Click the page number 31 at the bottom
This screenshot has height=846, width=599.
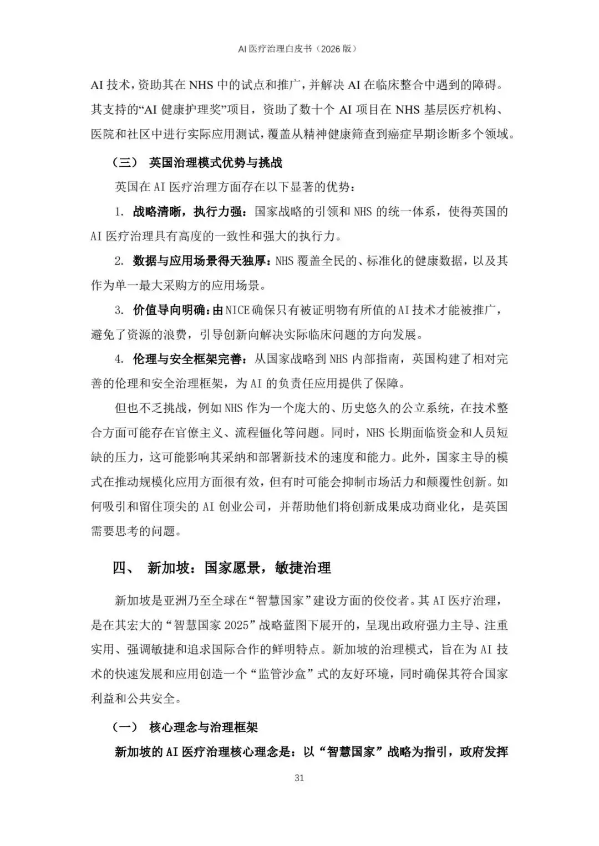[x=299, y=778]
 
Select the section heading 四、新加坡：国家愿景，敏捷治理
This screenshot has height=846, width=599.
[x=222, y=568]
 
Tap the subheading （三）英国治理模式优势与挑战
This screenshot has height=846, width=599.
[x=197, y=162]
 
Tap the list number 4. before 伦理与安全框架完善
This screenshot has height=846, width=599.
[x=119, y=359]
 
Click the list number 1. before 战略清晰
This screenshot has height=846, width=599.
[x=119, y=212]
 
